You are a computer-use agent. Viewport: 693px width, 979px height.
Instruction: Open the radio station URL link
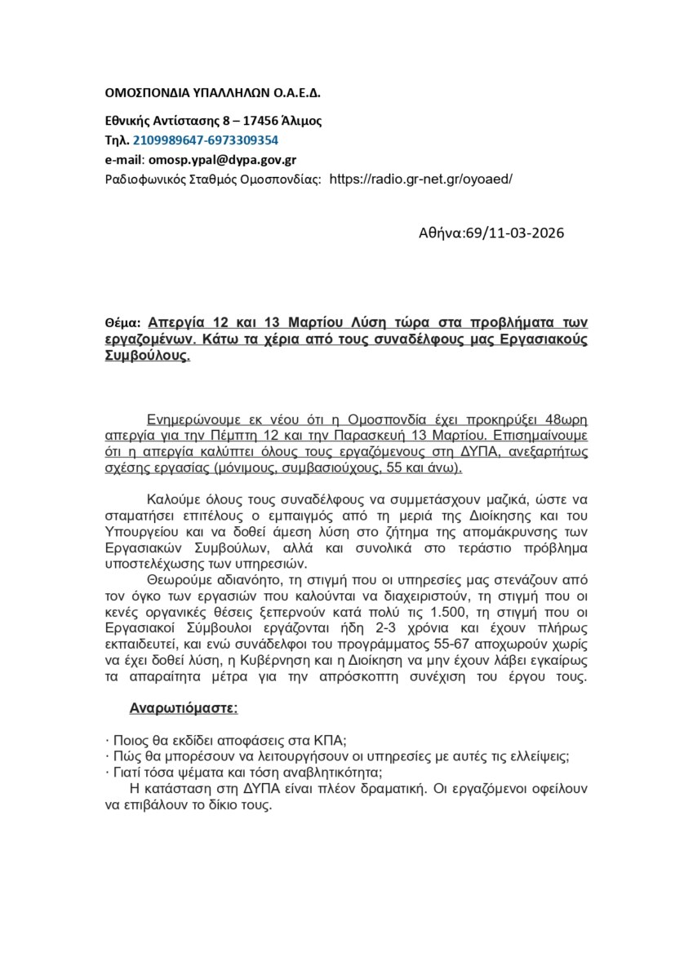tap(421, 179)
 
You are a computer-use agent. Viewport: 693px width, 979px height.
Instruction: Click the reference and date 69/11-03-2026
tap(515, 233)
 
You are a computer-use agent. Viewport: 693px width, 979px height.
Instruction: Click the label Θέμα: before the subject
tap(123, 323)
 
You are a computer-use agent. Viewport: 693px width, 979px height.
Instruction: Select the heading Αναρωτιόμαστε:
tap(183, 707)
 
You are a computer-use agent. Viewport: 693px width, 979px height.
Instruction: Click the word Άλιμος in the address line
tap(301, 121)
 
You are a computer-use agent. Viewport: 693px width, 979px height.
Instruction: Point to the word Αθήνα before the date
tap(440, 233)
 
